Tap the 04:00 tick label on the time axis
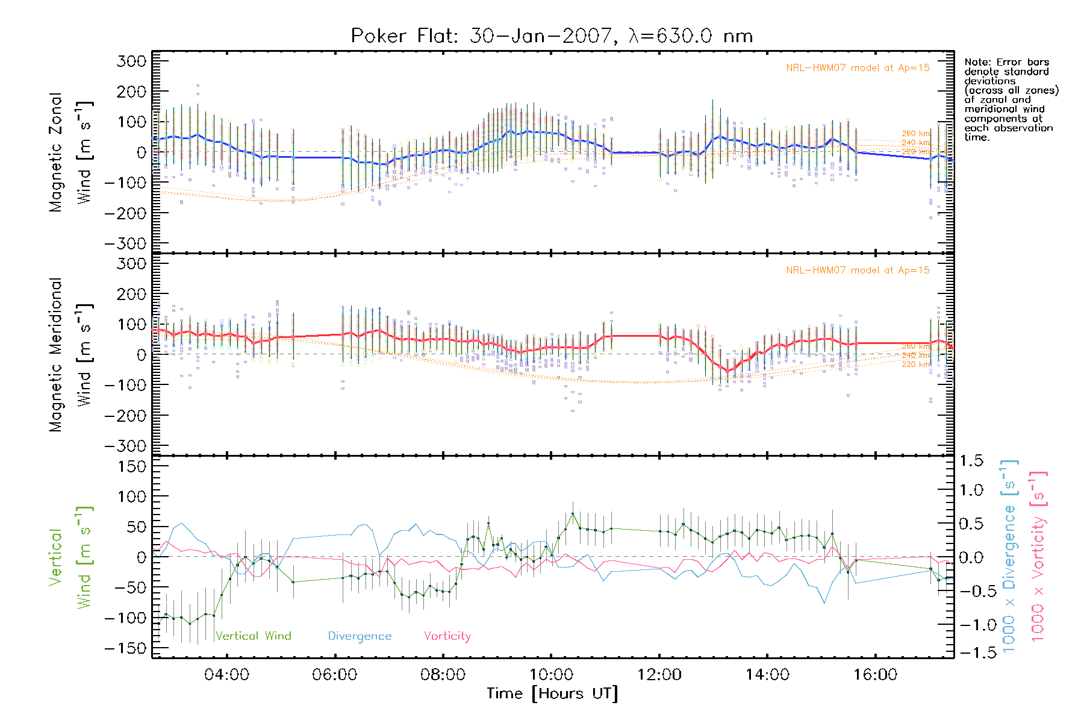[226, 675]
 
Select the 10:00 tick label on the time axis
[550, 675]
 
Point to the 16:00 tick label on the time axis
[875, 675]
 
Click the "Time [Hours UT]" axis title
[552, 693]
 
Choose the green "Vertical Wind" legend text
[253, 636]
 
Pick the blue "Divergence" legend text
[360, 636]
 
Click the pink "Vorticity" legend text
[447, 636]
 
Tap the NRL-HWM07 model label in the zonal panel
[858, 68]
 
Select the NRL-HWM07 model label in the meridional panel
[858, 271]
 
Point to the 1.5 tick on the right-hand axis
[971, 461]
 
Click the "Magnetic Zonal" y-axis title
[56, 152]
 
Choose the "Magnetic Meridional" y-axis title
[56, 355]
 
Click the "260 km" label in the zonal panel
[916, 134]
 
